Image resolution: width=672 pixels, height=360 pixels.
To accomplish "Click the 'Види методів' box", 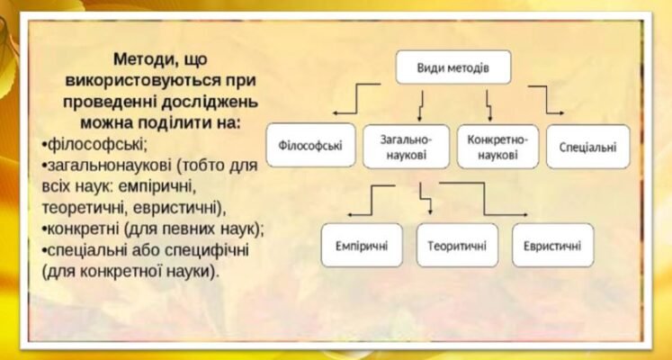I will (x=453, y=68).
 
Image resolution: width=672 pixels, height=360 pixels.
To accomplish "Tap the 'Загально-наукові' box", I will (x=407, y=146).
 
